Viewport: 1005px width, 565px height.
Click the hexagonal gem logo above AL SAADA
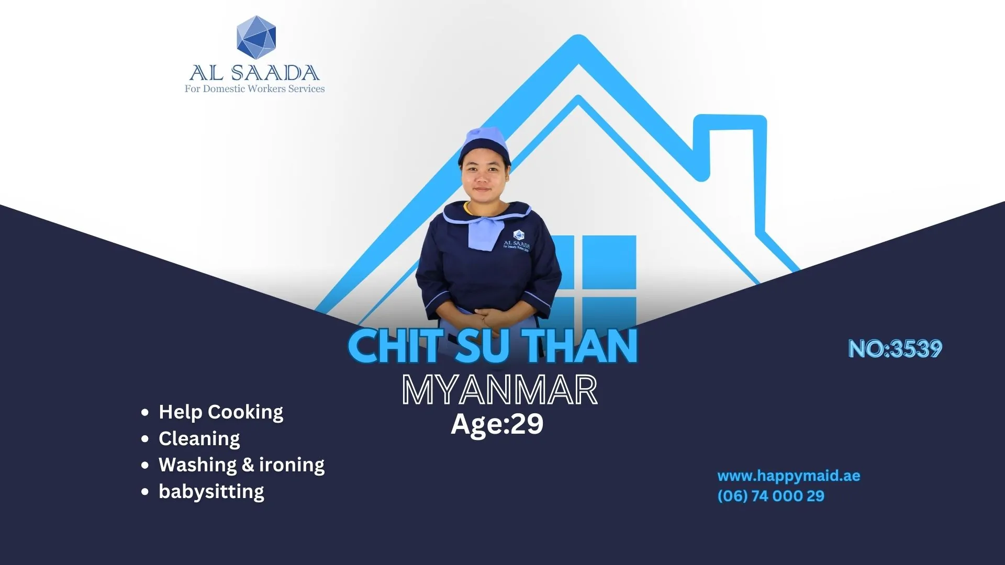pyautogui.click(x=256, y=37)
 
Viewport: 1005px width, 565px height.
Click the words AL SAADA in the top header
pyautogui.click(x=254, y=73)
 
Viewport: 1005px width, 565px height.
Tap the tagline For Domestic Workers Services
pyautogui.click(x=254, y=89)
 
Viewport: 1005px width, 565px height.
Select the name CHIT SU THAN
pyautogui.click(x=493, y=346)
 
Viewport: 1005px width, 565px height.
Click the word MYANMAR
pyautogui.click(x=499, y=390)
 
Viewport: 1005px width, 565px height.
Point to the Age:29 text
pyautogui.click(x=497, y=424)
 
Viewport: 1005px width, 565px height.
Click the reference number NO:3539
pyautogui.click(x=895, y=349)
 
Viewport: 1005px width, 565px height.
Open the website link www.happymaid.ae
pyautogui.click(x=789, y=476)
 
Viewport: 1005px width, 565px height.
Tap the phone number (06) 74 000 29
pyautogui.click(x=771, y=496)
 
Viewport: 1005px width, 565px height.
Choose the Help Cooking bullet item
pyautogui.click(x=221, y=412)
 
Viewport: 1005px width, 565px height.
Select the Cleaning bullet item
pyautogui.click(x=199, y=438)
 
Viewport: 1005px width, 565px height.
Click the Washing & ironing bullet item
pyautogui.click(x=241, y=465)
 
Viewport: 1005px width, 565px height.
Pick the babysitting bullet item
pyautogui.click(x=211, y=492)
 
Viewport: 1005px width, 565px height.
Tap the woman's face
pyautogui.click(x=483, y=176)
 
